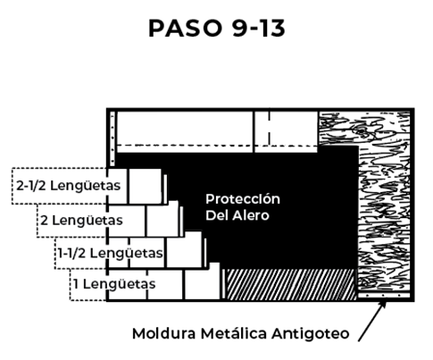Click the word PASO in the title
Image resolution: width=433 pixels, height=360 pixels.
[x=185, y=29]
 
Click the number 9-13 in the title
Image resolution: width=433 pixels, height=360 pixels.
[x=259, y=29]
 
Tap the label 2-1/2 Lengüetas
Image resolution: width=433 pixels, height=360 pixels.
[x=69, y=186]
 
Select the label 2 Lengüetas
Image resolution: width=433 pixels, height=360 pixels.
[x=81, y=221]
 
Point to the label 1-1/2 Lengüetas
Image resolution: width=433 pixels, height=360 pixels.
[x=111, y=253]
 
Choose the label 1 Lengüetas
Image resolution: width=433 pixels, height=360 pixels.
[x=114, y=284]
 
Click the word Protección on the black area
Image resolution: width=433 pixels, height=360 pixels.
[x=243, y=199]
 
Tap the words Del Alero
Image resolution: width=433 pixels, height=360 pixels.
[x=237, y=215]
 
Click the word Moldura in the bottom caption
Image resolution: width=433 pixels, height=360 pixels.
[x=164, y=333]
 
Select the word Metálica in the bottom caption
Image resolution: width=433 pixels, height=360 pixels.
[x=234, y=333]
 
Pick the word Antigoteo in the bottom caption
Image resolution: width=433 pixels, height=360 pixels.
[x=311, y=334]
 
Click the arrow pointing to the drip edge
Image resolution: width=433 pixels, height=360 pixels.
[x=372, y=321]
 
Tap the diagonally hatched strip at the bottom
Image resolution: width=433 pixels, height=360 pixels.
[x=290, y=284]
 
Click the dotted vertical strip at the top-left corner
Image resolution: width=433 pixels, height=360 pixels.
[x=112, y=138]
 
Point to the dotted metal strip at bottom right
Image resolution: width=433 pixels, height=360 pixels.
[x=384, y=296]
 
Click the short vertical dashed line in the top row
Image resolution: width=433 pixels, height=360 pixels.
[x=270, y=128]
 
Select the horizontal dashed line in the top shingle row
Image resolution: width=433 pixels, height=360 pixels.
[x=217, y=146]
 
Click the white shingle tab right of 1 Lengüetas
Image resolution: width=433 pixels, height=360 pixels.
[x=203, y=284]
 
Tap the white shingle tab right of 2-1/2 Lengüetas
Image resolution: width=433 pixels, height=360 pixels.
[x=146, y=187]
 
